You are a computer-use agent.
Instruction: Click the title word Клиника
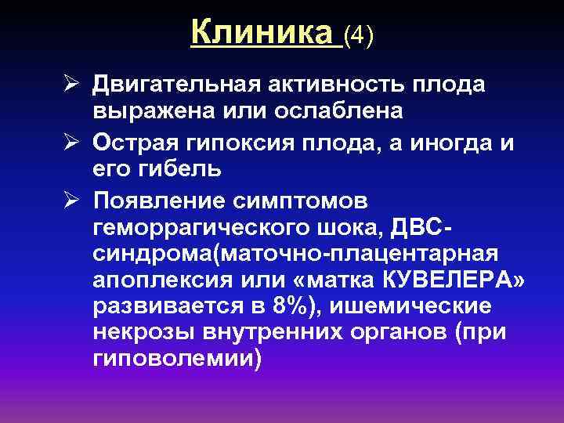pyautogui.click(x=262, y=33)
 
